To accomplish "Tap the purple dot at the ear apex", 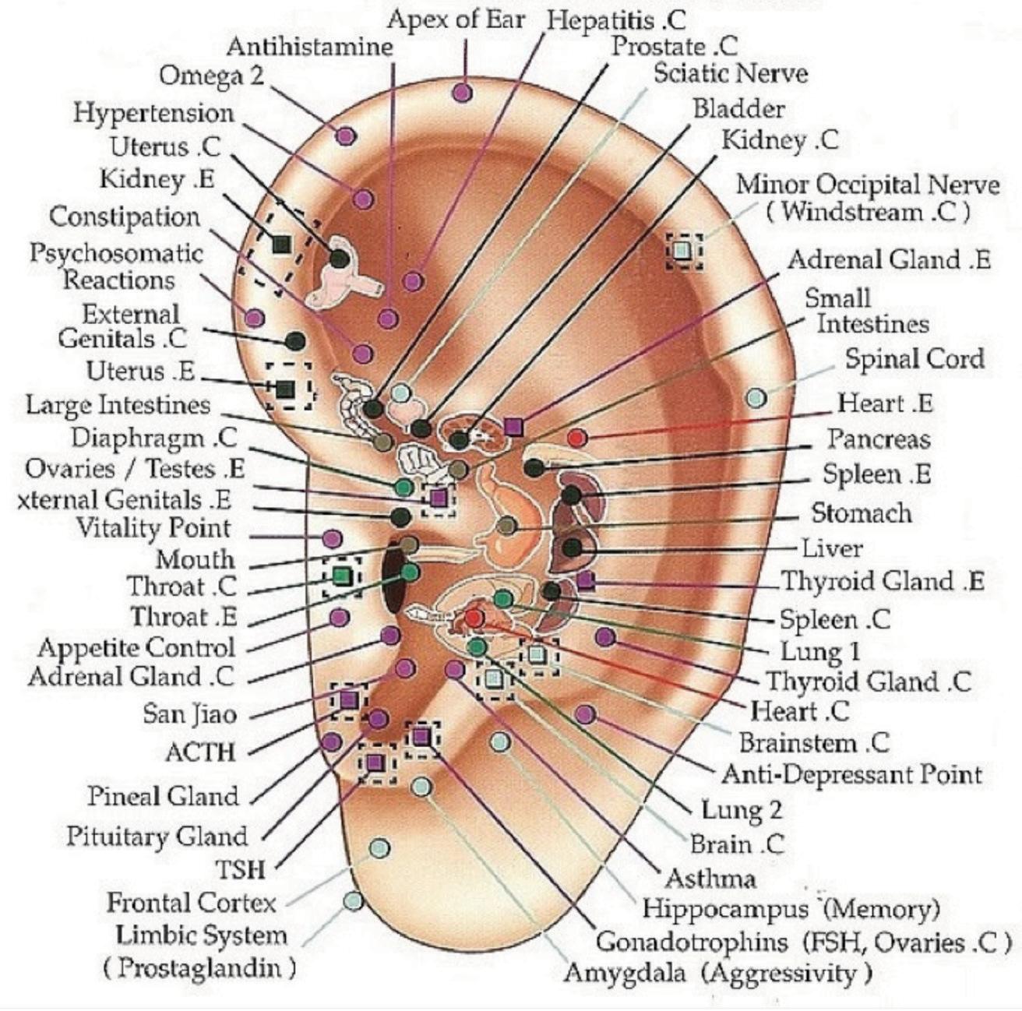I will pos(462,93).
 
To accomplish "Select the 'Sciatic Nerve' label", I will pos(730,74).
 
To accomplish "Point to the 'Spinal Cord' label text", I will pos(915,359).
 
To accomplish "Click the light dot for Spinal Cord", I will pos(756,398).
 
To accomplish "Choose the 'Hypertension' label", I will pos(153,113).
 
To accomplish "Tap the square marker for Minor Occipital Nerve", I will pos(682,251).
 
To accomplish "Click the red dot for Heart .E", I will pos(576,438).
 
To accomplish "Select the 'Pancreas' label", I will pos(879,439).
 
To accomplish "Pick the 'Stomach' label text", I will pos(861,513).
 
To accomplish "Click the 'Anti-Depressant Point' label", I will pos(852,774).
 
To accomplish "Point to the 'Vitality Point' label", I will pos(153,528).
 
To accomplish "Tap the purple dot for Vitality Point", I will pos(332,538).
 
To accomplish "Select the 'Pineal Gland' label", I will pos(163,796).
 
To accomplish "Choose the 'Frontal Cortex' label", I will pos(192,903).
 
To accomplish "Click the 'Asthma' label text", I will pos(710,879).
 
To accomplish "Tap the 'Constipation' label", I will pos(125,217).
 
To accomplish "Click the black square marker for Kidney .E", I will pos(281,245).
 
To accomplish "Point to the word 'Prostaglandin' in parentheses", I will pos(199,968).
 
